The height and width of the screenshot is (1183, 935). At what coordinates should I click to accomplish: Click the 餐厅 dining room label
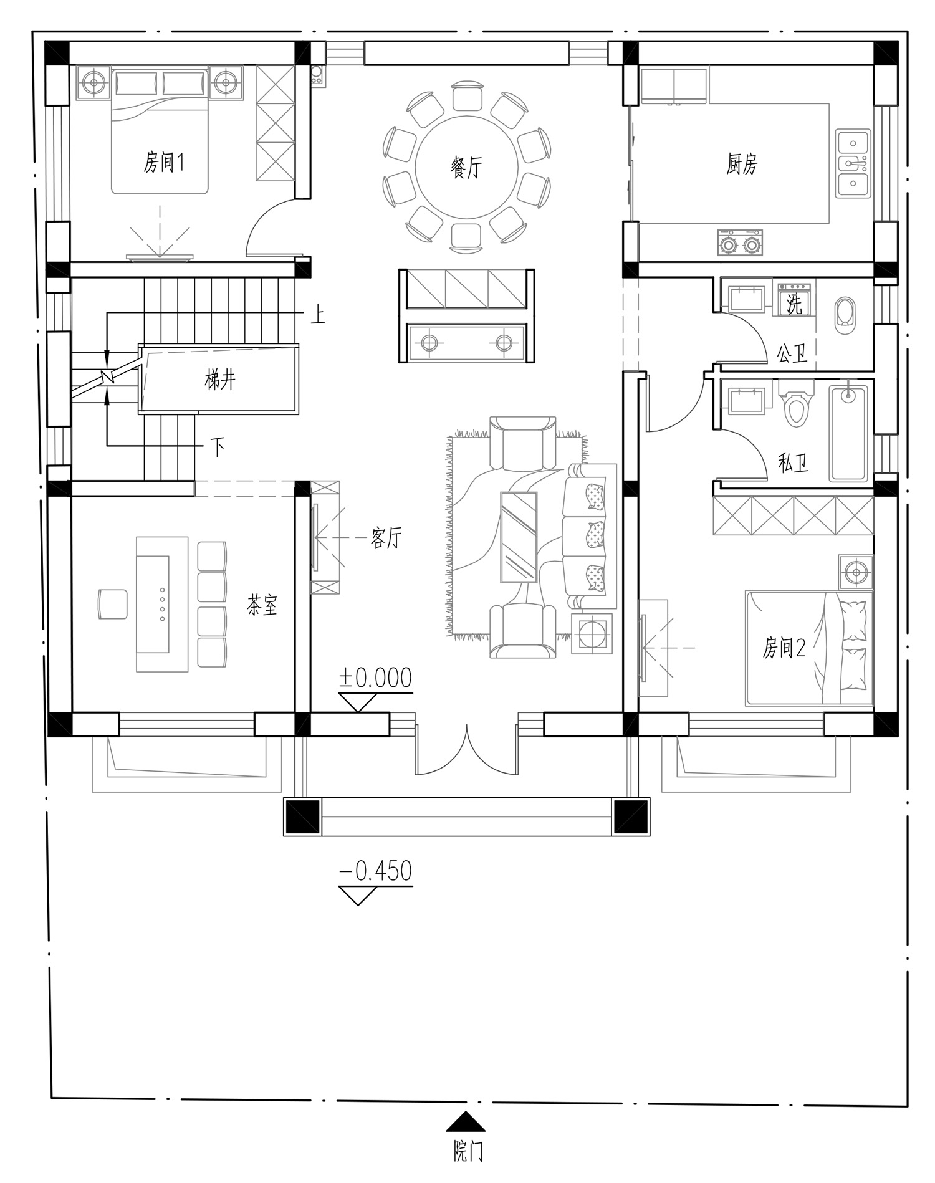(x=466, y=166)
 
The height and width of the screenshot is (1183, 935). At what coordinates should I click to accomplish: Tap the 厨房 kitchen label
(x=742, y=165)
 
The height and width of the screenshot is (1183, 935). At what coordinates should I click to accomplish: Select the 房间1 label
(x=164, y=163)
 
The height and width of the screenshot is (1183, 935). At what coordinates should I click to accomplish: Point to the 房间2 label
(x=784, y=648)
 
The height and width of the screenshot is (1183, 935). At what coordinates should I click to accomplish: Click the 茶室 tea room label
(x=262, y=605)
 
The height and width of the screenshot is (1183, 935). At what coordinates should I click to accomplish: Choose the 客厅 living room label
(x=386, y=537)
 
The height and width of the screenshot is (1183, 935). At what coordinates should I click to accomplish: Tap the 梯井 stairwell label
(x=220, y=379)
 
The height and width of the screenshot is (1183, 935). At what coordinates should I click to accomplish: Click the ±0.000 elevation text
(x=375, y=678)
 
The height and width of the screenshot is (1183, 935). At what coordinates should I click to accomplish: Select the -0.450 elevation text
(x=375, y=871)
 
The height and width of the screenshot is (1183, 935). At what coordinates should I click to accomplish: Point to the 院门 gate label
(x=467, y=1151)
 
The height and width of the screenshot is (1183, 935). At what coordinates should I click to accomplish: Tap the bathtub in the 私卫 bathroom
(x=848, y=434)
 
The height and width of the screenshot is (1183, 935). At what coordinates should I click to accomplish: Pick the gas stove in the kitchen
(x=740, y=243)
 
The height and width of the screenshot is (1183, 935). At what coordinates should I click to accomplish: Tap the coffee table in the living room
(x=519, y=537)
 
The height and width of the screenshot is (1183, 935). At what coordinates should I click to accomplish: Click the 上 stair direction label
(x=318, y=315)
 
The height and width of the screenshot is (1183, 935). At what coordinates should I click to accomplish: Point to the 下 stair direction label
(x=217, y=447)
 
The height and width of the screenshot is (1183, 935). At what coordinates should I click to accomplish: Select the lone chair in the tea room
(x=112, y=603)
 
